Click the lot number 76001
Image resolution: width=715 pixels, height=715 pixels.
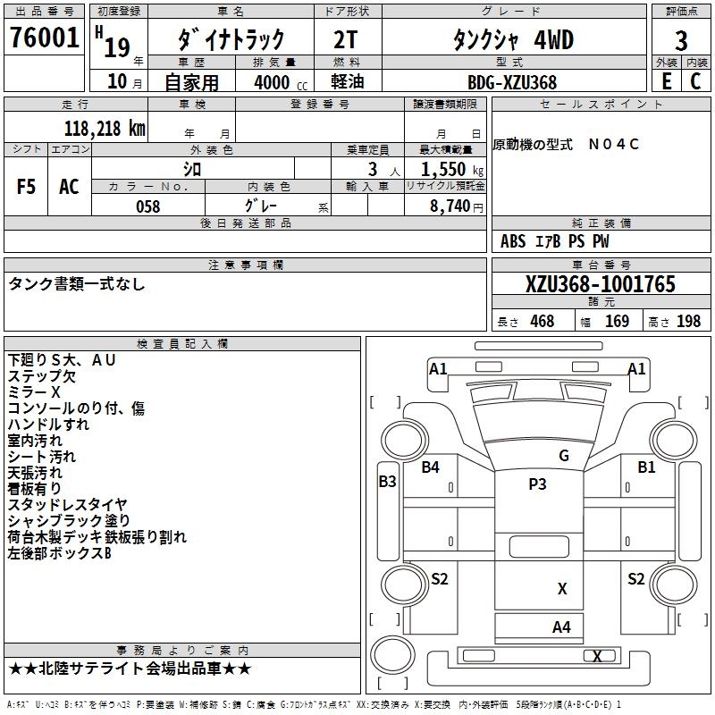[44, 38]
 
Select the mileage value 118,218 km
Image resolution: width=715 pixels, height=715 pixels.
[105, 128]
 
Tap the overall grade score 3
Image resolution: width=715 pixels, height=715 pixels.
[681, 40]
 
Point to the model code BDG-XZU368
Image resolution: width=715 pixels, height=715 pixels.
[512, 82]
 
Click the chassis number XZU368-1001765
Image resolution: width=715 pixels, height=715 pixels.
[600, 285]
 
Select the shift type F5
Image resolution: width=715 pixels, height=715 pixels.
[26, 187]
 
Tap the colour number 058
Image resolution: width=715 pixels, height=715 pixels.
[148, 206]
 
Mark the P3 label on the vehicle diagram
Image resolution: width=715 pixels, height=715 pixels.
[537, 484]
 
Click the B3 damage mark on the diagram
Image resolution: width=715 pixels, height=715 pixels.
[387, 482]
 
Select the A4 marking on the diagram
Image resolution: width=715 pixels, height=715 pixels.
[561, 627]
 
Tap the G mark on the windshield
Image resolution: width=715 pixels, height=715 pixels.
[564, 456]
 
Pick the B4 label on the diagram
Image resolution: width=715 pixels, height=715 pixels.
[431, 467]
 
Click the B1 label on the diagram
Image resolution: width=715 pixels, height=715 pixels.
[646, 467]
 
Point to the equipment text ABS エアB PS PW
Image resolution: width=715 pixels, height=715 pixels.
[555, 241]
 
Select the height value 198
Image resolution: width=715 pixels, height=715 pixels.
[688, 322]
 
